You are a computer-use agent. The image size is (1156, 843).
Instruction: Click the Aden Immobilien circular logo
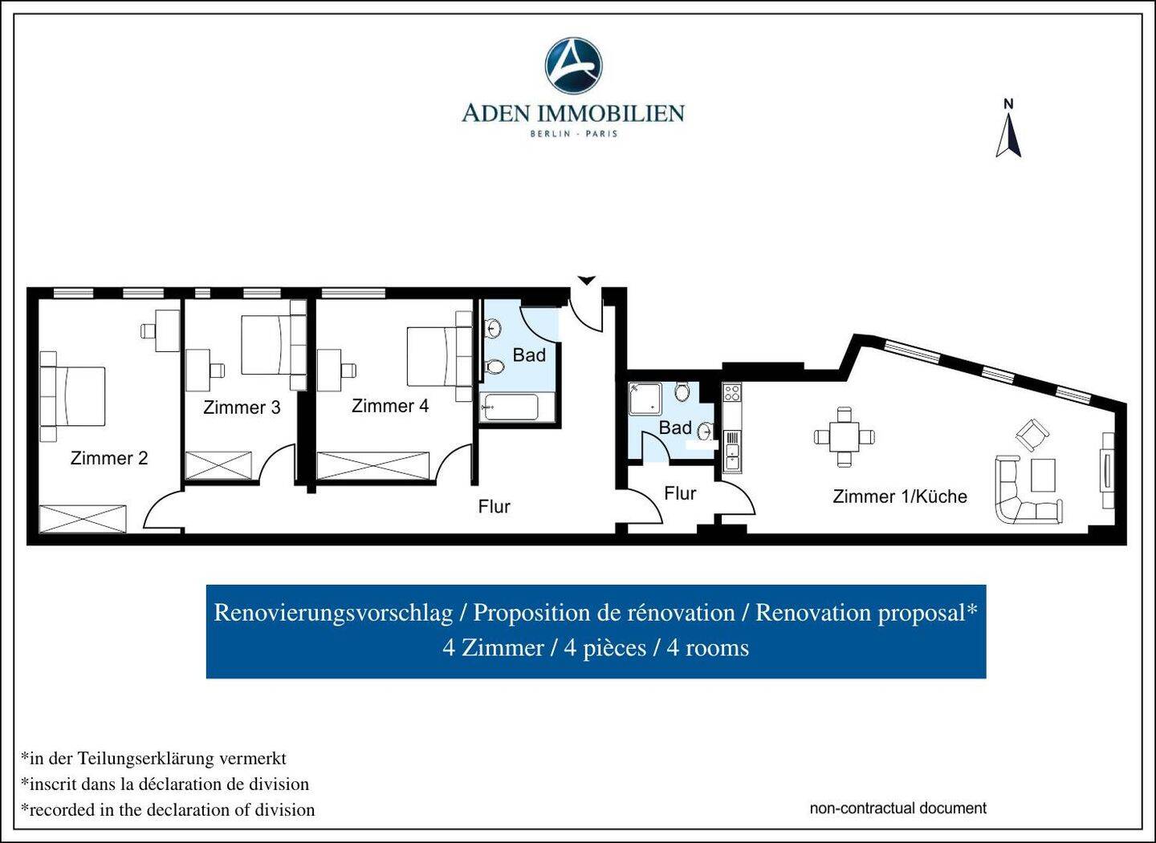click(x=573, y=66)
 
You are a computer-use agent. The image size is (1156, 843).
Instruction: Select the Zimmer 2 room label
click(x=109, y=458)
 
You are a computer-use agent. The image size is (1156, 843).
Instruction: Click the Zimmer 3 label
click(x=242, y=407)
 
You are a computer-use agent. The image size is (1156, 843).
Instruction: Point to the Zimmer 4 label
click(x=390, y=406)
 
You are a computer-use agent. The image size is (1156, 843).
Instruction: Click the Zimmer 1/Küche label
click(x=899, y=496)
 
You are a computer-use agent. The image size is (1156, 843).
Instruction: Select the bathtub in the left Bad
click(x=509, y=407)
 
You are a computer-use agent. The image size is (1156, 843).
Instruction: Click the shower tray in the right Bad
click(x=645, y=399)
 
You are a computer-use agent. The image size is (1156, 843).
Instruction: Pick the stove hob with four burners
click(x=731, y=393)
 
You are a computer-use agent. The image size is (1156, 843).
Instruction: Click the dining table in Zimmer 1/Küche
click(x=845, y=437)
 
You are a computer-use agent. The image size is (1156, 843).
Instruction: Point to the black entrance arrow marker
click(x=586, y=281)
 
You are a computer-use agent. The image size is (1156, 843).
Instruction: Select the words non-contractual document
click(x=898, y=808)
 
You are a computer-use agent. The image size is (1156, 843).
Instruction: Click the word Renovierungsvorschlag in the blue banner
click(x=333, y=613)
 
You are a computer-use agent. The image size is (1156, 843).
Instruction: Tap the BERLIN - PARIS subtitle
click(x=573, y=133)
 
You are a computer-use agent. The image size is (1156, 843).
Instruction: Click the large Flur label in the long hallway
click(x=494, y=506)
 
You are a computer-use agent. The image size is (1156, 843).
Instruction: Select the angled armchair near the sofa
click(x=1032, y=436)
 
